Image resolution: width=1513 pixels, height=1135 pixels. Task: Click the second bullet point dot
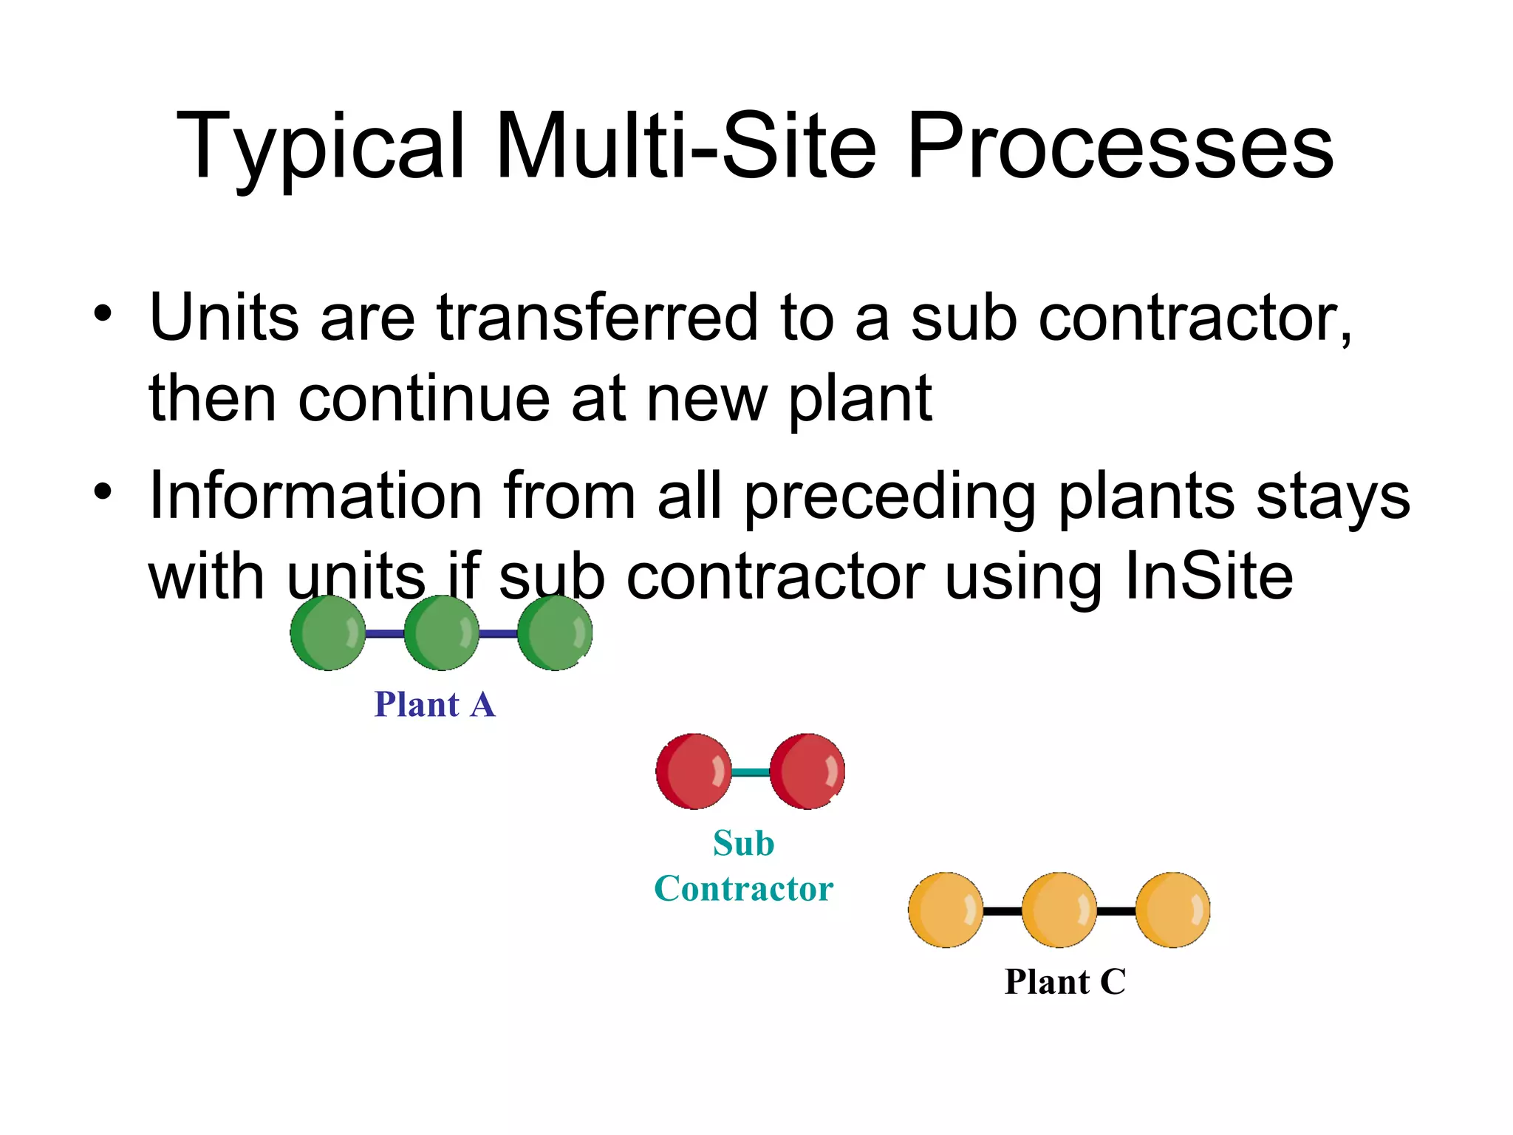click(x=103, y=491)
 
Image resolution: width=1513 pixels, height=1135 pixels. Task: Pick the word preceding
click(x=889, y=497)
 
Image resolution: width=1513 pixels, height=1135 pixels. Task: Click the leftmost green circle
click(x=328, y=633)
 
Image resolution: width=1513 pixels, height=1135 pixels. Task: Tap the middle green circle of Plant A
click(x=442, y=633)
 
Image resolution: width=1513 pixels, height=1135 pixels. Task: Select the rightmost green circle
click(x=555, y=633)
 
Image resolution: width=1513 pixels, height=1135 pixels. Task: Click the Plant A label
click(x=434, y=704)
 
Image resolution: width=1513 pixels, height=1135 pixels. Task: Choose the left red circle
click(x=694, y=771)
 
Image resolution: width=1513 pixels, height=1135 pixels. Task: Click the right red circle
click(x=807, y=771)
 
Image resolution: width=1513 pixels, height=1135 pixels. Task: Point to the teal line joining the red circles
click(x=751, y=772)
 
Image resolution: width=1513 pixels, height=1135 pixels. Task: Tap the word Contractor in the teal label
click(x=743, y=888)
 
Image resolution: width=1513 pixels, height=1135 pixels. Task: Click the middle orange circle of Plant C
click(x=1059, y=910)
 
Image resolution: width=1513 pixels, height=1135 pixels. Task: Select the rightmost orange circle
click(x=1172, y=910)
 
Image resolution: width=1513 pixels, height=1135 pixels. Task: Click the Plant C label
click(x=1065, y=982)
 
